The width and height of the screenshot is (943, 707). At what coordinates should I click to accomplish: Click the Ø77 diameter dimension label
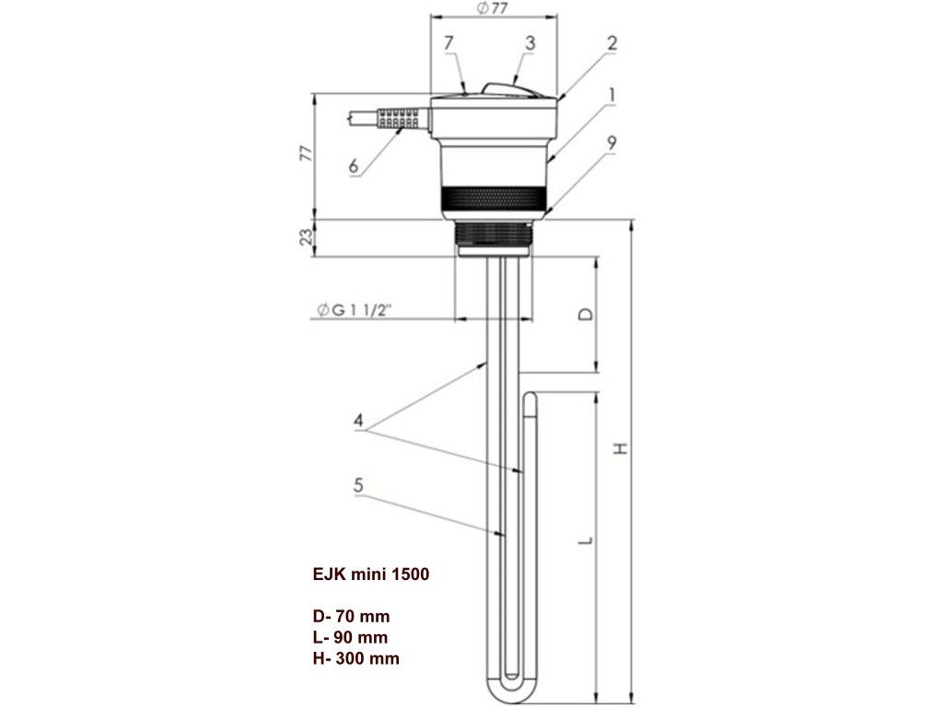coord(494,9)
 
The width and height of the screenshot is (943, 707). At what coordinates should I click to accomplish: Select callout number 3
coord(530,43)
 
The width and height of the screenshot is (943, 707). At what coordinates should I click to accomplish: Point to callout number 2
coord(611,42)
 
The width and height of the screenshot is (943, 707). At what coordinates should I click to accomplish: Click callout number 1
coord(611,95)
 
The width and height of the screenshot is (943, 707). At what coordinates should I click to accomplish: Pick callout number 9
coord(611,145)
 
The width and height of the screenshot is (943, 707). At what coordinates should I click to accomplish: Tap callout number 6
coord(353,167)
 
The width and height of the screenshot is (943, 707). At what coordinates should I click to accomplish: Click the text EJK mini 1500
coord(370,574)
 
